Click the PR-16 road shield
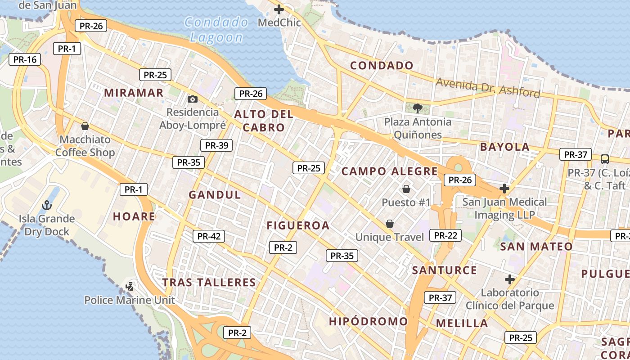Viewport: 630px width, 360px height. pos(25,59)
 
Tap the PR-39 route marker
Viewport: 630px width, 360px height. pos(216,145)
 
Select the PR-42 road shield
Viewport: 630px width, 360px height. pos(209,236)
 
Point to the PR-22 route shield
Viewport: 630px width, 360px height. pos(445,235)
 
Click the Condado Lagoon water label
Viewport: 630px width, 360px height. pos(216,30)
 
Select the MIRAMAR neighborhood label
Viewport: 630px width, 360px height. pos(134,93)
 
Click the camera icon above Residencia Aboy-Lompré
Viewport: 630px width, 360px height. pos(193,99)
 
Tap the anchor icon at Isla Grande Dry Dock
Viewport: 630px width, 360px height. pos(47,206)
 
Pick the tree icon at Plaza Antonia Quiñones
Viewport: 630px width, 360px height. pos(417,108)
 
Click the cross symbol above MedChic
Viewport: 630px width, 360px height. pos(279,9)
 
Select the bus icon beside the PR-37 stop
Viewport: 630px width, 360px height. pos(605,159)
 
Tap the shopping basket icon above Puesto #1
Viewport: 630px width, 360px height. pos(406,189)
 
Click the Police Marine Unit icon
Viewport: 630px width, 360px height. pos(130,286)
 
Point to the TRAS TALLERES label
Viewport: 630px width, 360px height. pos(209,282)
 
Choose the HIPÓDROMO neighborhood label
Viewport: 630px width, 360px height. pos(368,321)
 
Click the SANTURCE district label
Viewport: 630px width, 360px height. pos(444,270)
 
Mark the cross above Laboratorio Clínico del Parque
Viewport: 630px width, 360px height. pos(509,279)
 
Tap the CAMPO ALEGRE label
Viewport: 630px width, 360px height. pos(389,171)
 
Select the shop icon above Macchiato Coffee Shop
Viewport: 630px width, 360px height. pos(85,126)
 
